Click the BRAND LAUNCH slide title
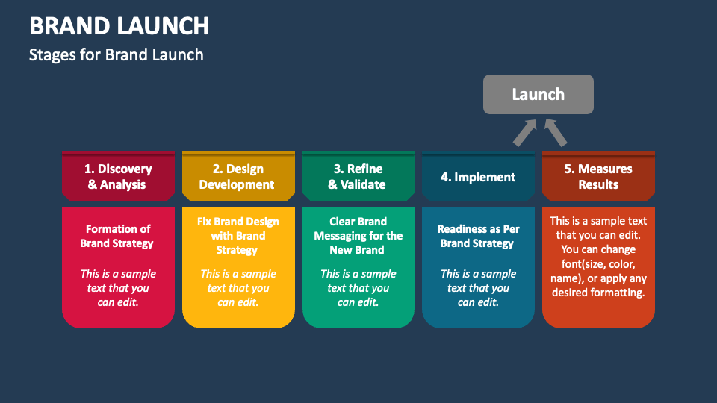119,26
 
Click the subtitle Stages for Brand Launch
116,54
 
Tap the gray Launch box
538,94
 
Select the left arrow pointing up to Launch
525,132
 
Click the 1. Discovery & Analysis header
118,177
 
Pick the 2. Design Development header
237,177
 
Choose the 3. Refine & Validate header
357,177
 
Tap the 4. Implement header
478,178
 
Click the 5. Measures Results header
597,177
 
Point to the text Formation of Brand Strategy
117,236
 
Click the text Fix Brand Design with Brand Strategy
238,236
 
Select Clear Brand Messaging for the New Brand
357,236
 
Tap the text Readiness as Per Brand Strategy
477,236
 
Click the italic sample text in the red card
118,288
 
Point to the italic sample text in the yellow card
238,288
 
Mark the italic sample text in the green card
358,288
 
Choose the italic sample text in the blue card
478,288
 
